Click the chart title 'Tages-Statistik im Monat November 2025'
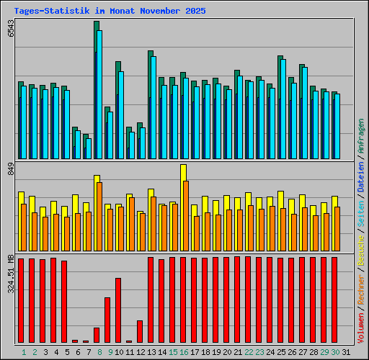[110, 12]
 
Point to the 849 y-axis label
[10, 170]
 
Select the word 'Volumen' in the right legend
[361, 328]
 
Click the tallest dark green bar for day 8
[96, 86]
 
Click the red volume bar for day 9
[107, 320]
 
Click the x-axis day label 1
[24, 352]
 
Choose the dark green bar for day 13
[150, 104]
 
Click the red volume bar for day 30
[334, 300]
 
